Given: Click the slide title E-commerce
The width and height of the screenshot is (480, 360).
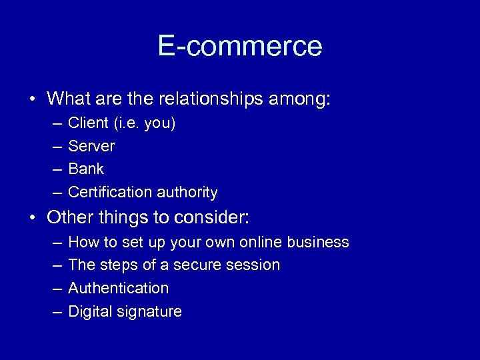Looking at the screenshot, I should click(x=240, y=46).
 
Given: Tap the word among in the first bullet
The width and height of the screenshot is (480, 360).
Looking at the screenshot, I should click(x=306, y=99).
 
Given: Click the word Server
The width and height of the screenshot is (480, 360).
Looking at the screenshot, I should click(x=91, y=146).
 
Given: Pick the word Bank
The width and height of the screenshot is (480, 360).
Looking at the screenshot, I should click(x=86, y=169).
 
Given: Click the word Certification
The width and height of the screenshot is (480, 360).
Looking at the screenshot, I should click(x=111, y=192).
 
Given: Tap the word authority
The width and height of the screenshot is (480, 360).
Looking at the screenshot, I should click(x=187, y=192).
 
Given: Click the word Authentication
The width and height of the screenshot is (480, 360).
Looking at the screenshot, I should click(x=119, y=288).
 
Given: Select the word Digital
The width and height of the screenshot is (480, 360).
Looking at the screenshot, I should click(x=89, y=311).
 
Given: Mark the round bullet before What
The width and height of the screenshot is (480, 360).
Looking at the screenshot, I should click(x=32, y=100).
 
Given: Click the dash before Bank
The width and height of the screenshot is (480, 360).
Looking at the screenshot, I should click(x=53, y=169).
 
